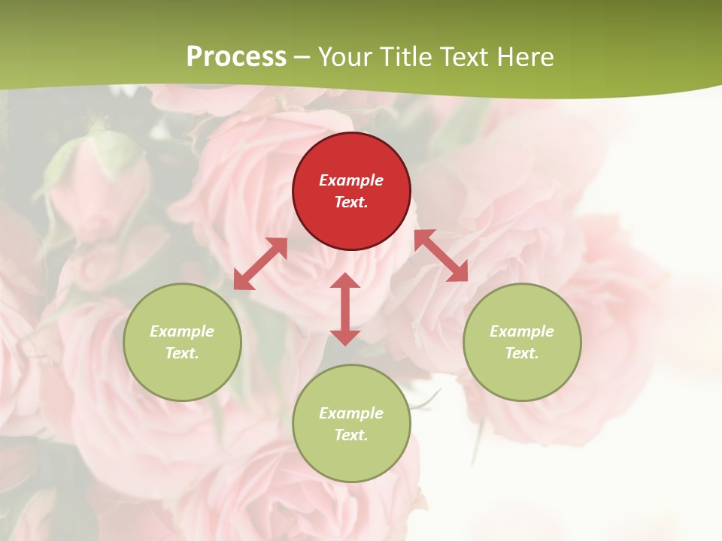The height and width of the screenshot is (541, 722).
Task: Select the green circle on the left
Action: tap(182, 342)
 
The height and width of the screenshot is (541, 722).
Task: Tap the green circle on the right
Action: tap(522, 342)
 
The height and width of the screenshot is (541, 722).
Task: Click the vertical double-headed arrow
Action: tap(345, 309)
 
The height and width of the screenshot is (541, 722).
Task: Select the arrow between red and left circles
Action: tap(260, 264)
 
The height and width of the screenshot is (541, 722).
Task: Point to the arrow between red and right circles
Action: tap(441, 255)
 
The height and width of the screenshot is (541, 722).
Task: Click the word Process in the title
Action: tap(236, 57)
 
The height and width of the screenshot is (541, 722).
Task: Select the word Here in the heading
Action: tap(526, 57)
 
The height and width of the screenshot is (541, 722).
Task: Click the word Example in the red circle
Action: tap(351, 180)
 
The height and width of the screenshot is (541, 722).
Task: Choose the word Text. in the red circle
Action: tap(351, 202)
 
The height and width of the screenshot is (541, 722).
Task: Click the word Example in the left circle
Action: tap(182, 331)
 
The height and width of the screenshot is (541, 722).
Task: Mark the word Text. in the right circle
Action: tap(522, 353)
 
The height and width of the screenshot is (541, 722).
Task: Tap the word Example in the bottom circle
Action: tap(351, 413)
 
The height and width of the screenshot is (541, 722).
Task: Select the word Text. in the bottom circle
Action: tap(351, 435)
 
